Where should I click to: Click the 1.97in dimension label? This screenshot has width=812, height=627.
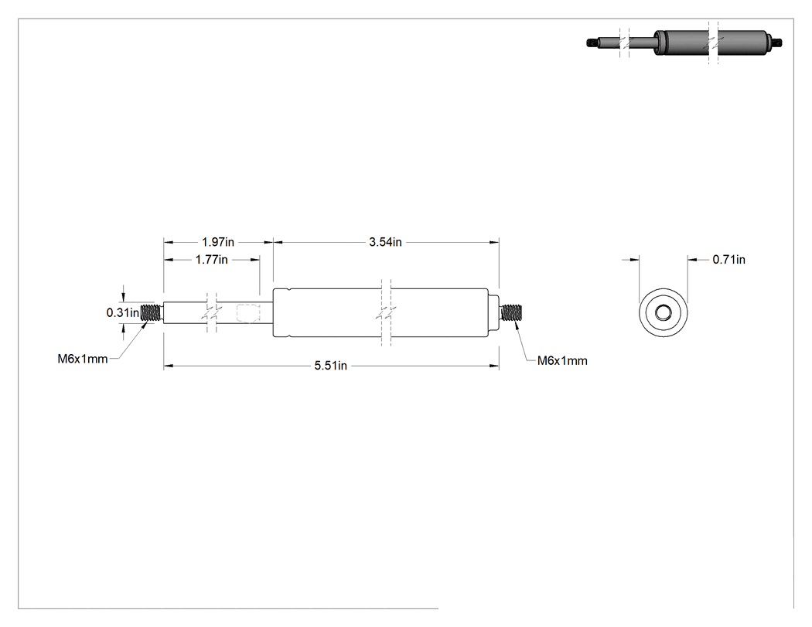(x=218, y=242)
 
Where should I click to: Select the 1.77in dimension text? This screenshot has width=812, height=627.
(x=211, y=260)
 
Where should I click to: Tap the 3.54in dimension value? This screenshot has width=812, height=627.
(x=385, y=242)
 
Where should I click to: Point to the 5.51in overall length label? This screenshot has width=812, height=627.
(x=330, y=366)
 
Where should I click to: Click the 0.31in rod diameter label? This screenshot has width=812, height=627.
(x=123, y=312)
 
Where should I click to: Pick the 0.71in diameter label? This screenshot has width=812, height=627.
(x=728, y=260)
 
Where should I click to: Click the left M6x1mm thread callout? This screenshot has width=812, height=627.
(x=82, y=359)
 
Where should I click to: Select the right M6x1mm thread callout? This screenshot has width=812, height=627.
(x=562, y=361)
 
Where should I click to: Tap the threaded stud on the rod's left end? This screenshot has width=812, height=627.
(x=152, y=312)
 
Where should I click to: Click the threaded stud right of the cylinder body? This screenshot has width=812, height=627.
(x=513, y=312)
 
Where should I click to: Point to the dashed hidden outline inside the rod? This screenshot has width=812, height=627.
(x=247, y=313)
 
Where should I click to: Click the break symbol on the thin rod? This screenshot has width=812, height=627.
(x=211, y=312)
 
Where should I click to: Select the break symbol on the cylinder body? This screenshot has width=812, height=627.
(x=386, y=312)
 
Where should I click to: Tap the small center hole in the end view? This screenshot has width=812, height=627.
(x=663, y=312)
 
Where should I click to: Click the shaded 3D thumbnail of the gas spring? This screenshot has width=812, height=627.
(x=684, y=43)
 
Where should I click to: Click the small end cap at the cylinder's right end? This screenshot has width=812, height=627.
(x=494, y=312)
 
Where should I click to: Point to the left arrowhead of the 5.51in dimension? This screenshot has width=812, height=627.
(x=168, y=366)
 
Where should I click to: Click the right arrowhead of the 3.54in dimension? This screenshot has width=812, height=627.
(x=495, y=242)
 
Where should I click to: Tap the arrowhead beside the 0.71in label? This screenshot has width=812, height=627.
(x=692, y=260)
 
